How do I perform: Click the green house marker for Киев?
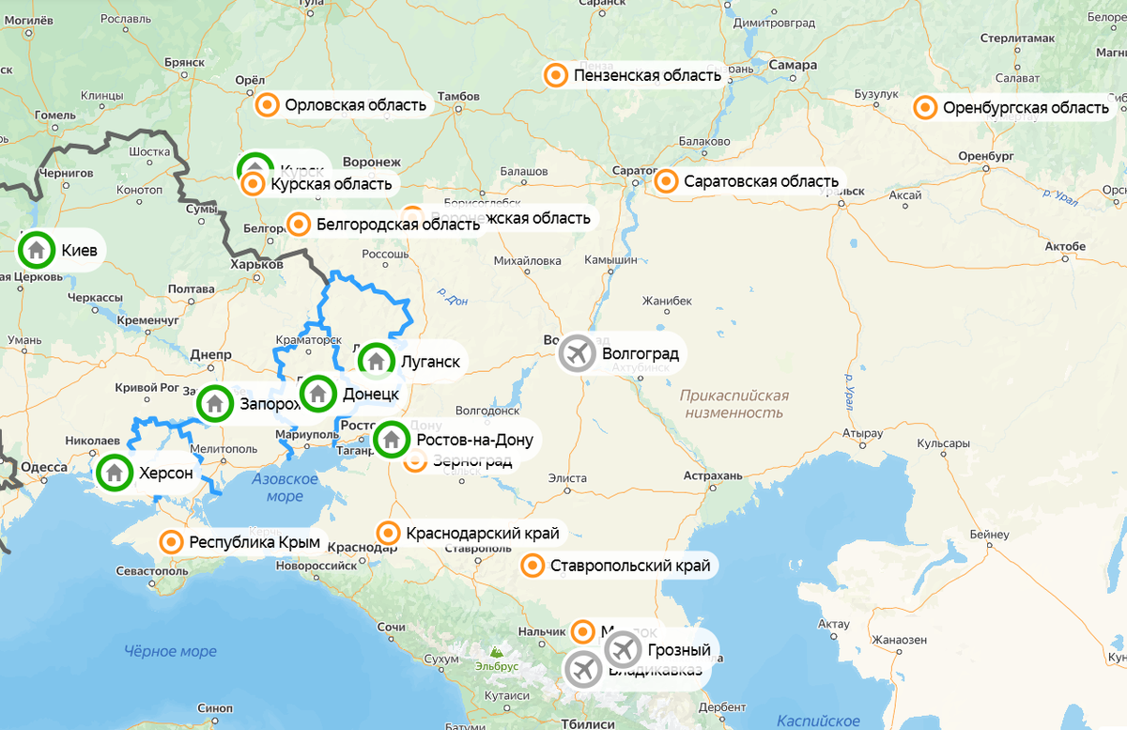click(x=36, y=250)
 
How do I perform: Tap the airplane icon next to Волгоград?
click(x=577, y=354)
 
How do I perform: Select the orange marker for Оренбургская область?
click(x=925, y=108)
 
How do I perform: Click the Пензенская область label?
click(x=647, y=75)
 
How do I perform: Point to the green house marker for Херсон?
click(x=115, y=473)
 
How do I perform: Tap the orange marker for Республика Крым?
click(x=171, y=542)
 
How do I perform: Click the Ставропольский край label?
click(x=631, y=566)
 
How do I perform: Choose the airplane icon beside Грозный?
click(x=622, y=648)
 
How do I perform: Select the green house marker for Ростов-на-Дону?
click(x=392, y=439)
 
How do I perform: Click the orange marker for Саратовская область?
click(x=666, y=180)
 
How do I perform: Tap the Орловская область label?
click(x=355, y=105)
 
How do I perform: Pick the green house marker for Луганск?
click(x=376, y=360)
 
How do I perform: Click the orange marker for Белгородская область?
click(x=299, y=224)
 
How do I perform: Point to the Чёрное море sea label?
click(x=170, y=651)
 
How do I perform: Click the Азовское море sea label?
click(x=285, y=488)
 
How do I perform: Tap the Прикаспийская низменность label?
click(x=734, y=404)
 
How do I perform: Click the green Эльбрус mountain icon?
click(x=495, y=650)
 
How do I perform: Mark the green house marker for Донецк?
click(x=317, y=394)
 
